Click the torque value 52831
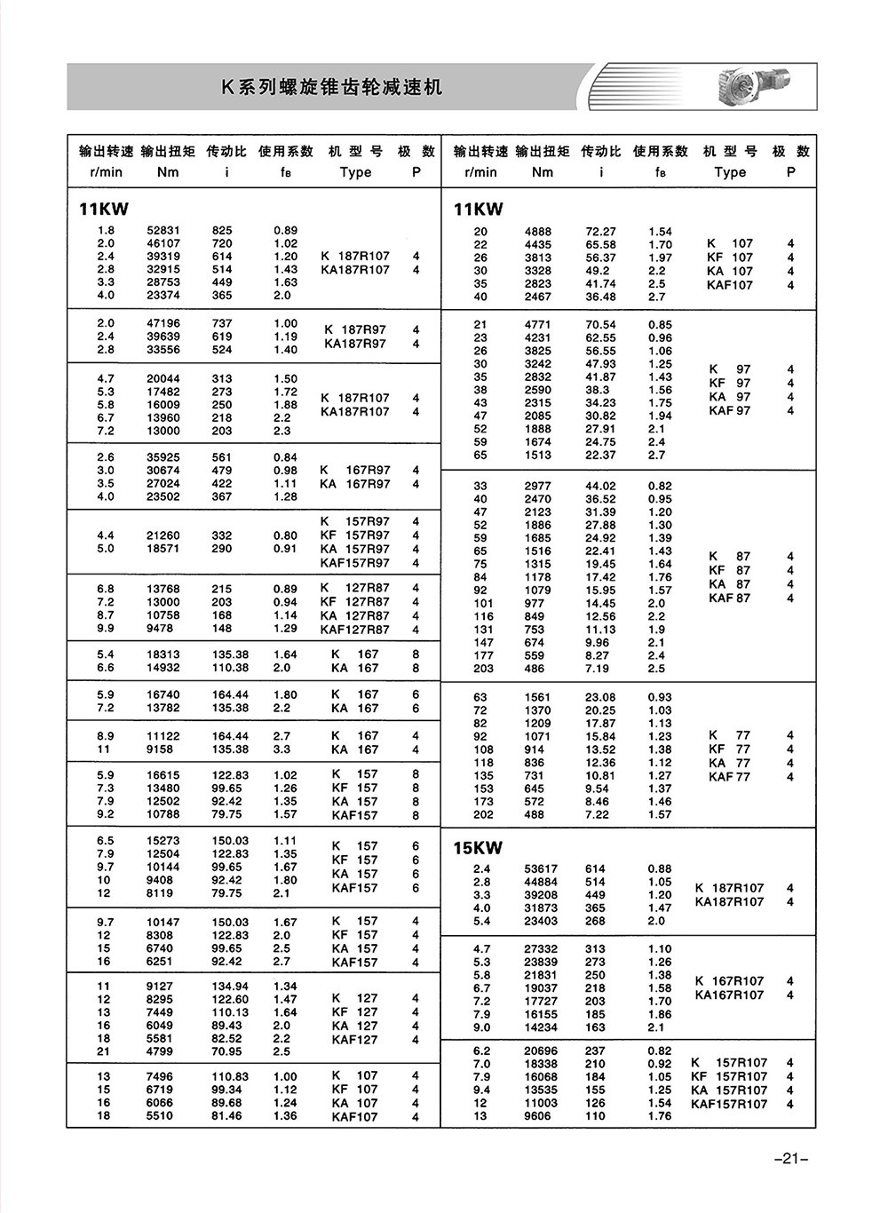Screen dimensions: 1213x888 [x=163, y=230]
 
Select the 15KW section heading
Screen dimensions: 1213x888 [x=478, y=848]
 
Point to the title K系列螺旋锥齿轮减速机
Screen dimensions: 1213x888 [x=331, y=87]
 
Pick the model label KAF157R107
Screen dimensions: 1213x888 [x=729, y=1104]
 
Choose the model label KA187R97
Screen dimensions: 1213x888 [x=355, y=344]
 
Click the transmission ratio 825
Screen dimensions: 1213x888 [x=222, y=230]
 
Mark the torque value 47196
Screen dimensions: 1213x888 [x=163, y=323]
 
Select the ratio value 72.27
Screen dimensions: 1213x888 [x=600, y=231]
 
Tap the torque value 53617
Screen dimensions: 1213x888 [x=541, y=869]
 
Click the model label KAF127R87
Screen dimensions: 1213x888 [x=354, y=630]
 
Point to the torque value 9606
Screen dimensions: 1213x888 [x=537, y=1116]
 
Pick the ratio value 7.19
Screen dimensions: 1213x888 [x=597, y=669]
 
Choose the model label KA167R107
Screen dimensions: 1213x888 [x=729, y=995]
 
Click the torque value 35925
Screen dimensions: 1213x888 [x=163, y=457]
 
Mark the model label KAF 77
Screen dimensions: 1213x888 [x=729, y=777]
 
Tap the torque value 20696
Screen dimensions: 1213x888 [x=541, y=1050]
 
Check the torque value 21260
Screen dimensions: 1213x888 [x=163, y=535]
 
